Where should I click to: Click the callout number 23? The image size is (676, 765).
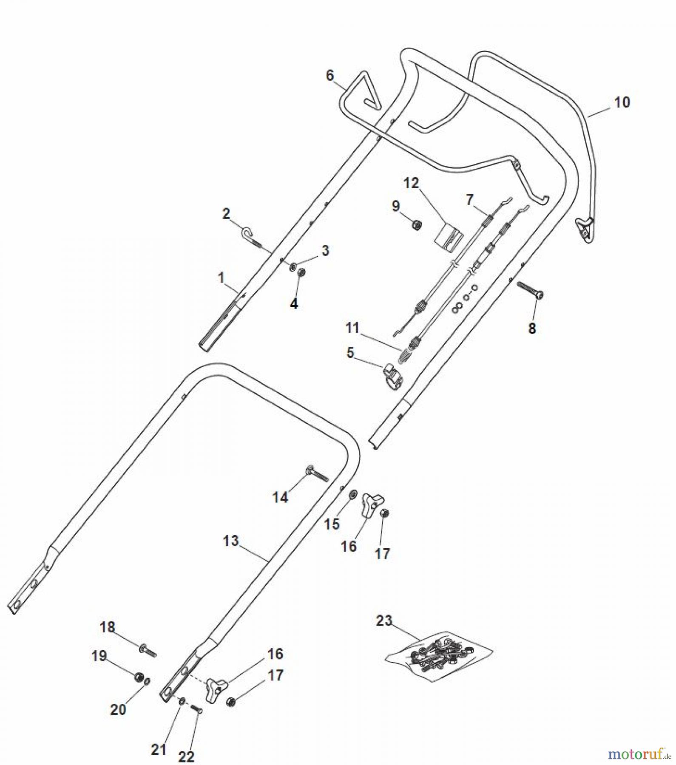tap(384, 620)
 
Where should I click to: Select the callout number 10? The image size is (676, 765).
tap(622, 102)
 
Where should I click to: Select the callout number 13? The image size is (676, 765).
tap(231, 541)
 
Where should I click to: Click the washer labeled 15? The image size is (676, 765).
tap(353, 495)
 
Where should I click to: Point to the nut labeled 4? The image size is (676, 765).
tap(301, 273)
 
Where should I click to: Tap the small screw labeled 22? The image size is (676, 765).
tap(196, 709)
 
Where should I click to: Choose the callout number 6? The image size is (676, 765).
tap(330, 75)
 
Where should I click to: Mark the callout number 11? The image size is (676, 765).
tap(352, 328)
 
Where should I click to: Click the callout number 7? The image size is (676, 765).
tap(469, 199)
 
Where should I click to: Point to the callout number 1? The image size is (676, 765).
tap(221, 278)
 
